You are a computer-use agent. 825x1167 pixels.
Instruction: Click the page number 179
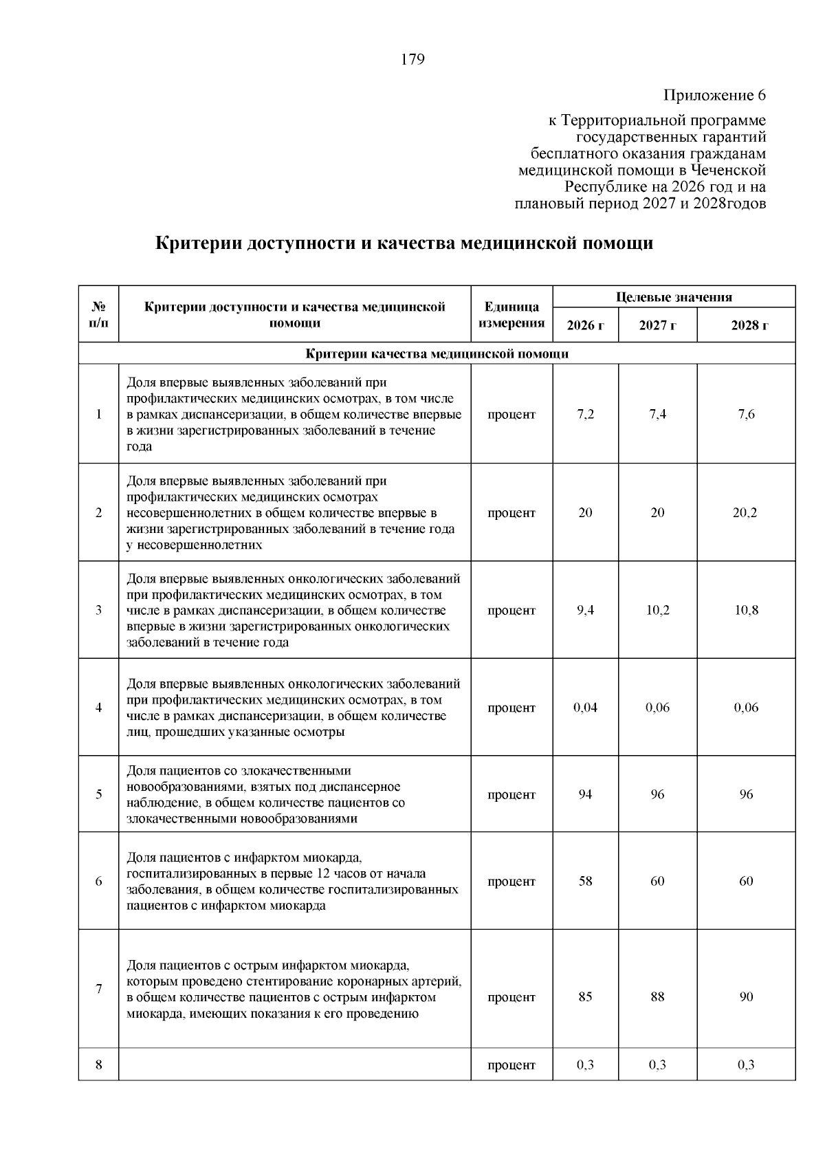[x=412, y=59]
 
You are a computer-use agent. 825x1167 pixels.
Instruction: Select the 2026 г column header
[x=585, y=325]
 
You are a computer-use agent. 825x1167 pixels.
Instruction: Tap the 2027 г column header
[x=657, y=325]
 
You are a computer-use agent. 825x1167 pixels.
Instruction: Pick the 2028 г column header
[x=746, y=325]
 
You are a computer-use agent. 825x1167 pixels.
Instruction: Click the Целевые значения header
[x=674, y=297]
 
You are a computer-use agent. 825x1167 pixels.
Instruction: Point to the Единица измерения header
[x=511, y=315]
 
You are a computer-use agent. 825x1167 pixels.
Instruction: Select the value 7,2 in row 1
[x=585, y=415]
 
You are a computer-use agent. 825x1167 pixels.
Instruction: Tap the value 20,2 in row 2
[x=746, y=513]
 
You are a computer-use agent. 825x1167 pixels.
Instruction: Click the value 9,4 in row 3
[x=585, y=610]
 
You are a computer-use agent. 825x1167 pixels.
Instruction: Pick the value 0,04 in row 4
[x=585, y=708]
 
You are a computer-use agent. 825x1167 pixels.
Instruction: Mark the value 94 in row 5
[x=585, y=794]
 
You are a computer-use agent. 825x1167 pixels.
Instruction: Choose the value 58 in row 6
[x=585, y=881]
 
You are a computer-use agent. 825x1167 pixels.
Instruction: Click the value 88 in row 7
[x=657, y=996]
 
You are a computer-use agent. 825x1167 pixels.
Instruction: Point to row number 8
[x=98, y=1065]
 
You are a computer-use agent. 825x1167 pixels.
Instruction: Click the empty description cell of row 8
[x=294, y=1065]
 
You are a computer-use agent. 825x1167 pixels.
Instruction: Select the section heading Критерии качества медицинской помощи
[x=437, y=354]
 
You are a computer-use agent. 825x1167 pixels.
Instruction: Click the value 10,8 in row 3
[x=746, y=610]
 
